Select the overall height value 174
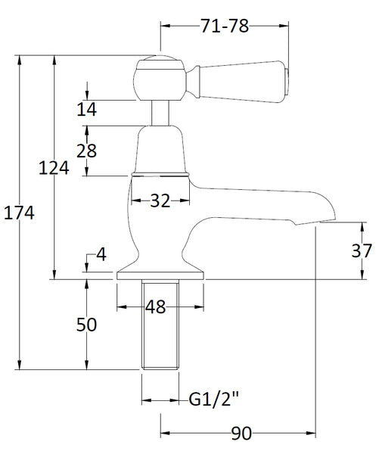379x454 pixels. (20, 213)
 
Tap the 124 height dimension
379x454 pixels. (54, 168)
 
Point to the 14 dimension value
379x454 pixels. (87, 110)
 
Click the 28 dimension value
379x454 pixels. (87, 151)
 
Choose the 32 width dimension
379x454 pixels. (160, 201)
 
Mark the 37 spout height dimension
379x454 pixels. (362, 250)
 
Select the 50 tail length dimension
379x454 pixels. (87, 325)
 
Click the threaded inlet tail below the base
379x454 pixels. (160, 325)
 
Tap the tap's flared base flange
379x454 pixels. (160, 272)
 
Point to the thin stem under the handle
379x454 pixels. (160, 113)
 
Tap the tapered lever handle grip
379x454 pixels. (238, 76)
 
